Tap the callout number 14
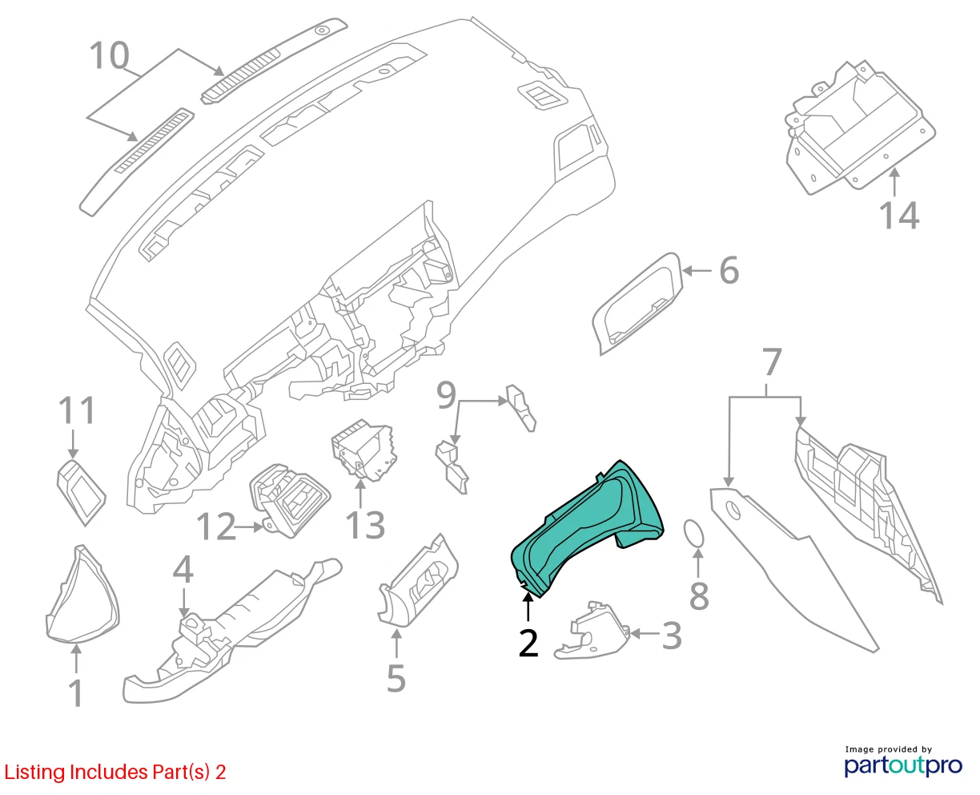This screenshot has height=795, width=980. [x=898, y=215]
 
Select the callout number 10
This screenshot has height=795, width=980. [x=109, y=55]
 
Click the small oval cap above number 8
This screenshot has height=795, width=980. [x=693, y=534]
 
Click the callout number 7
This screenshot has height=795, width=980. [x=772, y=361]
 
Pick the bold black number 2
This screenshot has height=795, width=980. [x=528, y=643]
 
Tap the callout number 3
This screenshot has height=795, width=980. [x=671, y=636]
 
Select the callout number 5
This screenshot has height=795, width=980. [x=396, y=678]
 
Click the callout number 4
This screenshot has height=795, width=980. [x=183, y=568]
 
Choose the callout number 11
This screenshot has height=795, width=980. [x=77, y=410]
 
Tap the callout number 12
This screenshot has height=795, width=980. [x=216, y=526]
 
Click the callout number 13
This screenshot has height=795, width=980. [x=365, y=525]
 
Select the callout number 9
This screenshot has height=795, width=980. [x=446, y=394]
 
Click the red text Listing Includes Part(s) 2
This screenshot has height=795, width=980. [x=115, y=772]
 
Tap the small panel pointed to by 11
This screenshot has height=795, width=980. [x=81, y=492]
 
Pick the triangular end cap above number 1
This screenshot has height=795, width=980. [x=82, y=594]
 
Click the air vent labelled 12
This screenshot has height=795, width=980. [x=289, y=501]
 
